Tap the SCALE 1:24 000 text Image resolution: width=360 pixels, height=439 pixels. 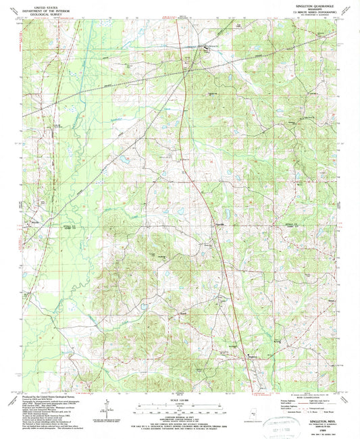[180, 400]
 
